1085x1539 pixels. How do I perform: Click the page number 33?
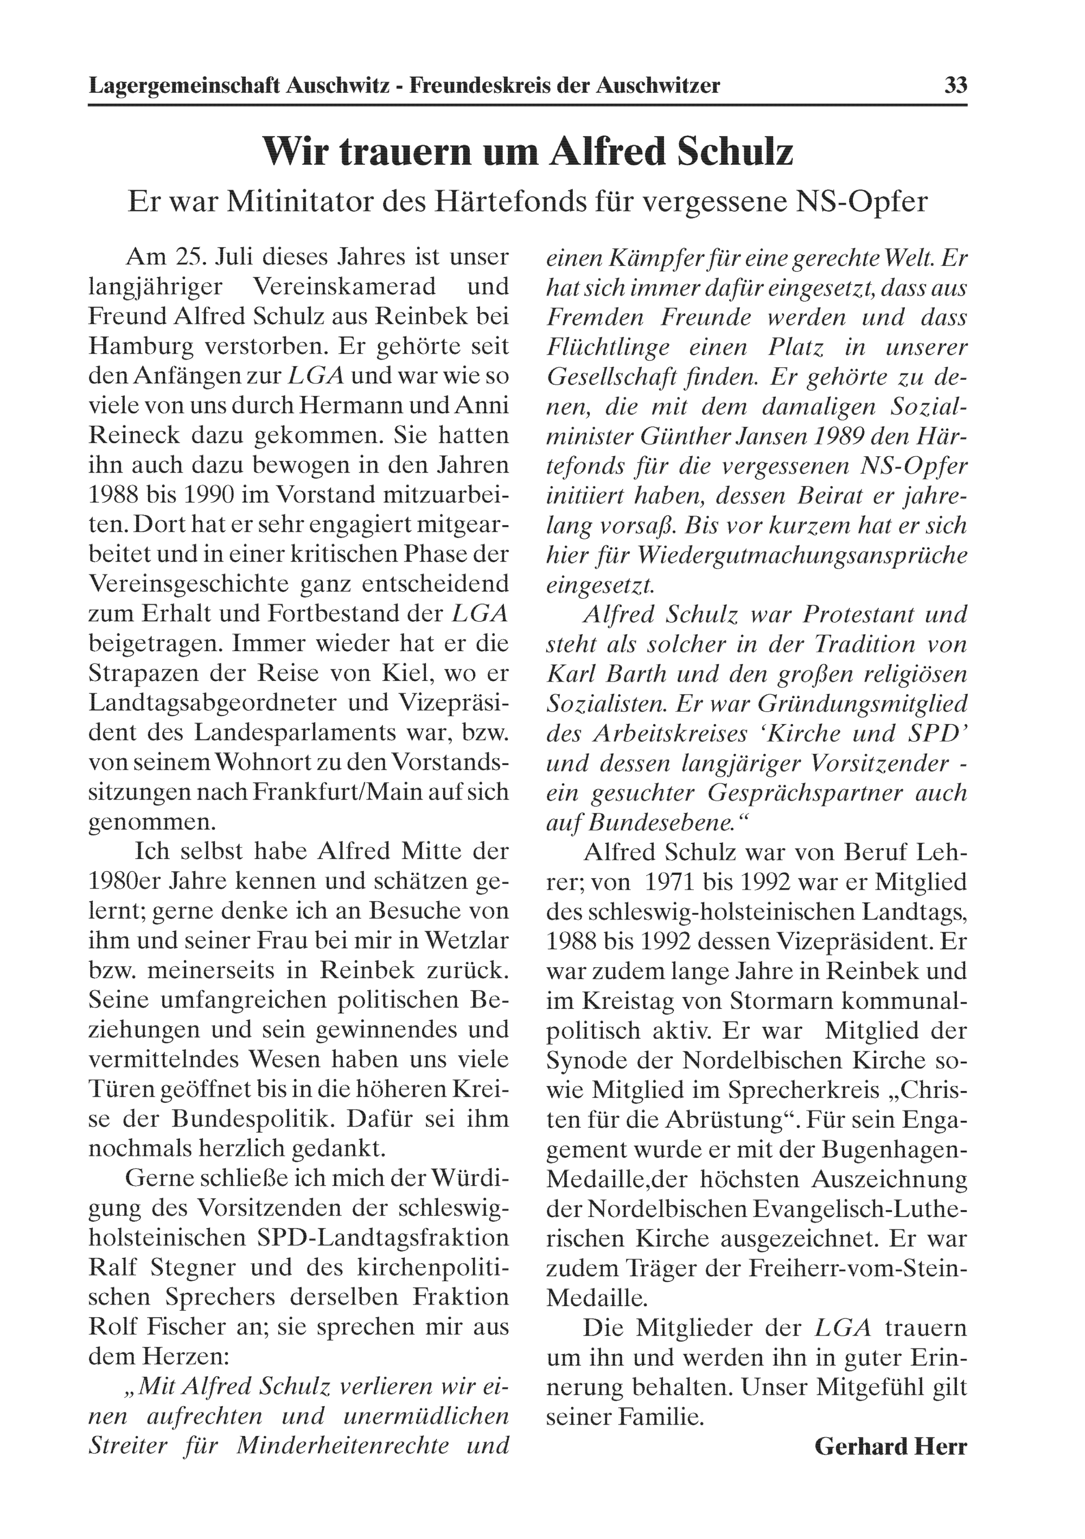955,86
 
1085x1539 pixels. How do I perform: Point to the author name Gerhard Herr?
891,1446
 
